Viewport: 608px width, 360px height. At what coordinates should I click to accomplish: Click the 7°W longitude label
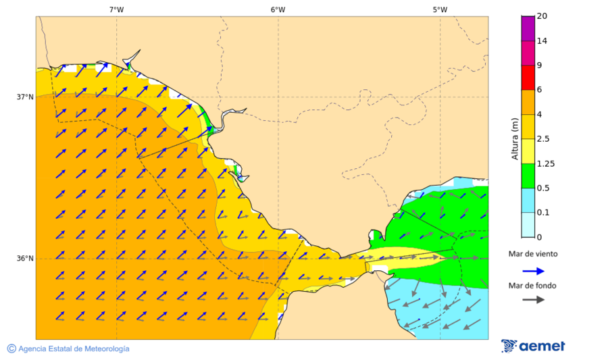tap(116, 9)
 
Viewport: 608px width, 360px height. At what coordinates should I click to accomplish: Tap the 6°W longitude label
tap(278, 9)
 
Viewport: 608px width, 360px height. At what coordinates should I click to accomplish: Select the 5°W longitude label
tap(440, 9)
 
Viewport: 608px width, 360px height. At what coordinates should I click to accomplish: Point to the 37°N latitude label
tap(25, 97)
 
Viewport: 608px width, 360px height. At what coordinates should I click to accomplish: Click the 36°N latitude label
tap(25, 259)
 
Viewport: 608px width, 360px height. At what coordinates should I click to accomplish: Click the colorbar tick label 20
tap(541, 16)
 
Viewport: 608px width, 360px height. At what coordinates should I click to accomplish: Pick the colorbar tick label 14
tap(541, 41)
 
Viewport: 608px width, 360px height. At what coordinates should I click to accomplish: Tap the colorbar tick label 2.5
tap(542, 139)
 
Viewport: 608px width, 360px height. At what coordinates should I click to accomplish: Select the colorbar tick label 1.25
tap(544, 163)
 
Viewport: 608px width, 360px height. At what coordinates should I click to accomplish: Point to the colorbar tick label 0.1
tap(542, 213)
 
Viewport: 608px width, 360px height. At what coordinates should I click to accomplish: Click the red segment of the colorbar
tap(528, 78)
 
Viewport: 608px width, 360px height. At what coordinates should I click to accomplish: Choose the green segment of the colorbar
tap(528, 176)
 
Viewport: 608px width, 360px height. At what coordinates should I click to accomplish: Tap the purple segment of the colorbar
tap(528, 28)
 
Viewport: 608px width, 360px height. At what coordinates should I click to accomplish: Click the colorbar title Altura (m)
tap(515, 139)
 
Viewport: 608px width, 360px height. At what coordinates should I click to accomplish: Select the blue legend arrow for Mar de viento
tap(534, 271)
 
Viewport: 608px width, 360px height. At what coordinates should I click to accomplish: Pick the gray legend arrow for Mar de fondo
tap(534, 299)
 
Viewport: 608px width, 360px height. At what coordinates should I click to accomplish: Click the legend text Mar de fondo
tap(533, 286)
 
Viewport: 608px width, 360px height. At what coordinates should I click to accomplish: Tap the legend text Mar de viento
tap(533, 254)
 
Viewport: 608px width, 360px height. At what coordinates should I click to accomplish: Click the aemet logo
tap(534, 346)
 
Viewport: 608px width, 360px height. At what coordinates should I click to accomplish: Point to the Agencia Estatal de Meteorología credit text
tap(68, 349)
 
